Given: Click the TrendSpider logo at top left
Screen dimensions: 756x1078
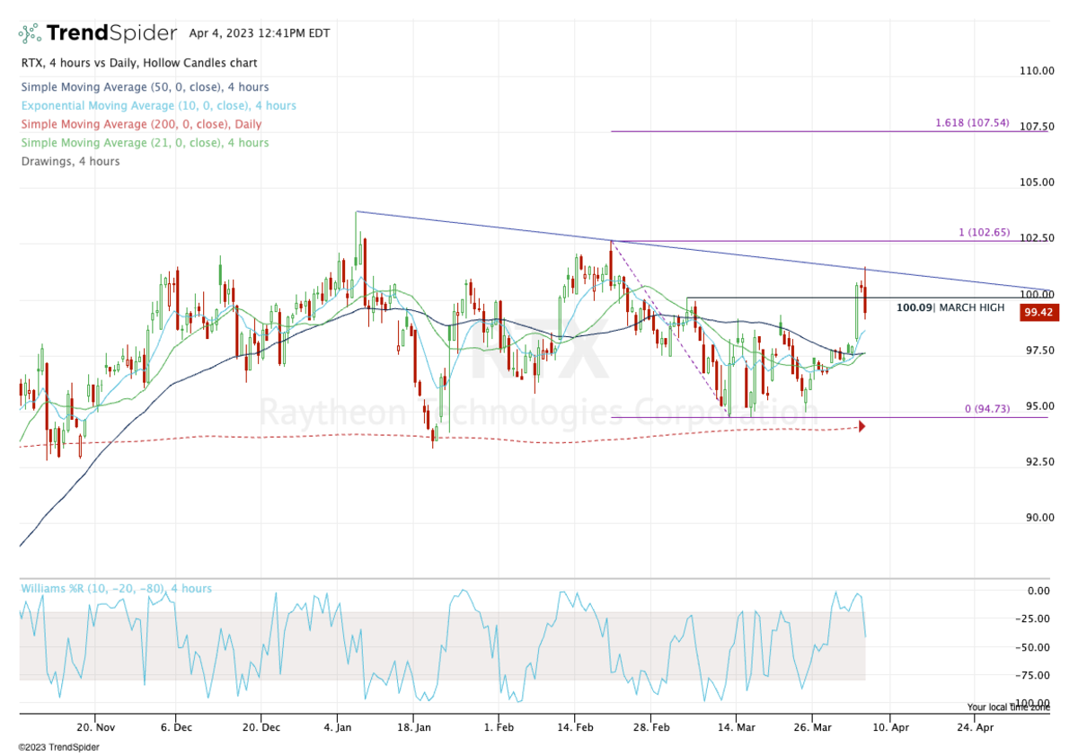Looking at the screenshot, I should pyautogui.click(x=98, y=33).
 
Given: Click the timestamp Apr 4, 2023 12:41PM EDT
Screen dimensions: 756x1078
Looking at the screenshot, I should pyautogui.click(x=260, y=33).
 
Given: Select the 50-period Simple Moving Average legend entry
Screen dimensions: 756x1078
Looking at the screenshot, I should pyautogui.click(x=145, y=87).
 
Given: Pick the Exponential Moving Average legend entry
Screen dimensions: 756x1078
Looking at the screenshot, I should pyautogui.click(x=157, y=105).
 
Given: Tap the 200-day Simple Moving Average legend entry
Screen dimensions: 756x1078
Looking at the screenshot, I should pyautogui.click(x=141, y=124).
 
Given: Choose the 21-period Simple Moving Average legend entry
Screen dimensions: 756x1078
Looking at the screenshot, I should pyautogui.click(x=145, y=143).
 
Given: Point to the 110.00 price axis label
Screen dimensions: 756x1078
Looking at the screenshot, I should pyautogui.click(x=1035, y=71).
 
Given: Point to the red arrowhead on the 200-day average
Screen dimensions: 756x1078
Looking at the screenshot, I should pyautogui.click(x=862, y=426).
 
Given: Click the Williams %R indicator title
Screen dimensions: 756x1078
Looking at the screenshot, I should pyautogui.click(x=116, y=589).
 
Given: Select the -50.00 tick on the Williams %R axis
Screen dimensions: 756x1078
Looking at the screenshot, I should pyautogui.click(x=1035, y=647).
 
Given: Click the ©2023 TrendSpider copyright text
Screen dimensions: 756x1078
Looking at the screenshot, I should pyautogui.click(x=58, y=747).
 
